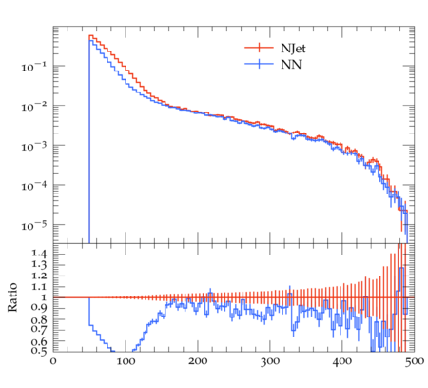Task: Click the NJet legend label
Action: point(293,49)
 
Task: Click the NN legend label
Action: point(291,65)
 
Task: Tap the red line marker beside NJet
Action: point(259,48)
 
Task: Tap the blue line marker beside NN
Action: point(259,64)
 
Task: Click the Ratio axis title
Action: point(12,296)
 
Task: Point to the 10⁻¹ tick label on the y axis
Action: point(33,66)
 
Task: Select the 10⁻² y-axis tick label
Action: point(33,106)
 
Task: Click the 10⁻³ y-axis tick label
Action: point(33,146)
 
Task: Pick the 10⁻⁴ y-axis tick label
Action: point(33,185)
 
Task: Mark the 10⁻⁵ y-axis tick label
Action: point(33,225)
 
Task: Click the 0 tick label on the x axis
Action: point(53,361)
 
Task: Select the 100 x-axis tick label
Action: point(126,361)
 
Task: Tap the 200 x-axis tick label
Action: point(198,361)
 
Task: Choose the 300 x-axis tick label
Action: point(270,361)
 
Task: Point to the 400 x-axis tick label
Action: point(342,361)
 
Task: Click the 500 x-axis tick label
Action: point(415,361)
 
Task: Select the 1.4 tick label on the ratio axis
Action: point(39,254)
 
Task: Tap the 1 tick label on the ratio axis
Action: point(43,297)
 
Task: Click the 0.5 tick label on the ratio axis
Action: point(39,351)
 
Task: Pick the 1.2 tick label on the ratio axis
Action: point(39,276)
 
